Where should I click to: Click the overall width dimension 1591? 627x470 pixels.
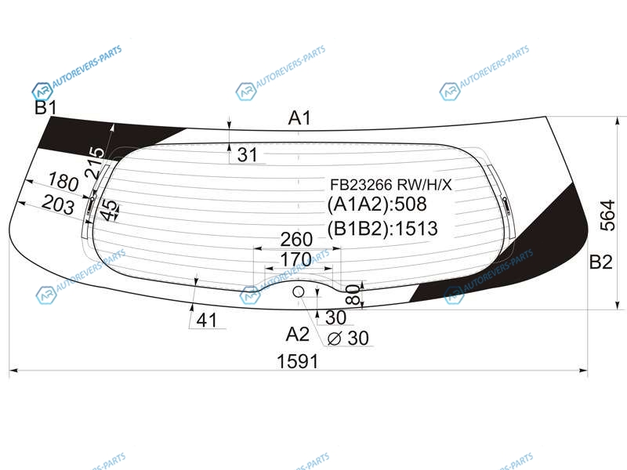(x=298, y=361)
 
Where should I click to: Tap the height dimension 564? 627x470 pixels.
(x=607, y=215)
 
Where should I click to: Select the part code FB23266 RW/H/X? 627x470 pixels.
(x=390, y=185)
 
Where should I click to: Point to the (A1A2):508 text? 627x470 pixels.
(x=377, y=204)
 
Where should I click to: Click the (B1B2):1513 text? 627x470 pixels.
(x=382, y=229)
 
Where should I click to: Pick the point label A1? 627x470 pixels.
(x=299, y=118)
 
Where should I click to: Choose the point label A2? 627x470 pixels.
(x=298, y=334)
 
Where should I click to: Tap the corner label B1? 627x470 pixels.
(x=46, y=107)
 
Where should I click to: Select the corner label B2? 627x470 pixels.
(x=601, y=262)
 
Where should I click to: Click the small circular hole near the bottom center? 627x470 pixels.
(x=299, y=291)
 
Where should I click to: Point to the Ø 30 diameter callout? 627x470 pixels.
(x=348, y=338)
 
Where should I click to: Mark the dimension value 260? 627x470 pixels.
(x=296, y=240)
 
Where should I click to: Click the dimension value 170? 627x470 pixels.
(x=296, y=260)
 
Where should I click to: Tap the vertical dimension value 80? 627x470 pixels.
(x=353, y=295)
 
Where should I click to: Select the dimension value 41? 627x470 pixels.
(x=207, y=320)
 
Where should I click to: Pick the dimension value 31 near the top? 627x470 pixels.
(x=248, y=154)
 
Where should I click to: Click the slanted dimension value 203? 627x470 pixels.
(x=58, y=204)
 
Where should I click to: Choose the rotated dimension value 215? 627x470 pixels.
(x=95, y=162)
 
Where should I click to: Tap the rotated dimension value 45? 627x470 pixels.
(x=109, y=210)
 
